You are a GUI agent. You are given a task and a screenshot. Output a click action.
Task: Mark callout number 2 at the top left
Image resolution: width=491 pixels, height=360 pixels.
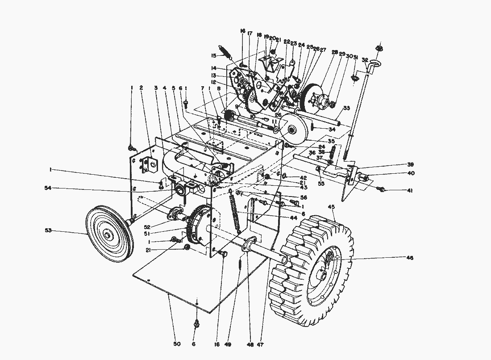point(141,88)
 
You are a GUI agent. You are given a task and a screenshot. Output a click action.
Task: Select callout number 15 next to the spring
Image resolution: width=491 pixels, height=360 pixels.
point(214,56)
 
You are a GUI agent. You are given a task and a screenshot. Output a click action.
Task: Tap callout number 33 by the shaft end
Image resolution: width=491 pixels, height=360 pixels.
point(346,108)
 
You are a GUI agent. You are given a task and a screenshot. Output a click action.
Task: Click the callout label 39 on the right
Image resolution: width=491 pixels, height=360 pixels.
point(410,164)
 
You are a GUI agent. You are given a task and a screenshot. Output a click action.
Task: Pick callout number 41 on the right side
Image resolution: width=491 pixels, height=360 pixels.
point(410,191)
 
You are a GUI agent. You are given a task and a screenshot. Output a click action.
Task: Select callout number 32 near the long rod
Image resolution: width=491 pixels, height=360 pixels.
point(365,60)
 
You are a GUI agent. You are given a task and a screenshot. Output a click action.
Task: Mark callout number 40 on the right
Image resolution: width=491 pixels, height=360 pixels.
point(410,173)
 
